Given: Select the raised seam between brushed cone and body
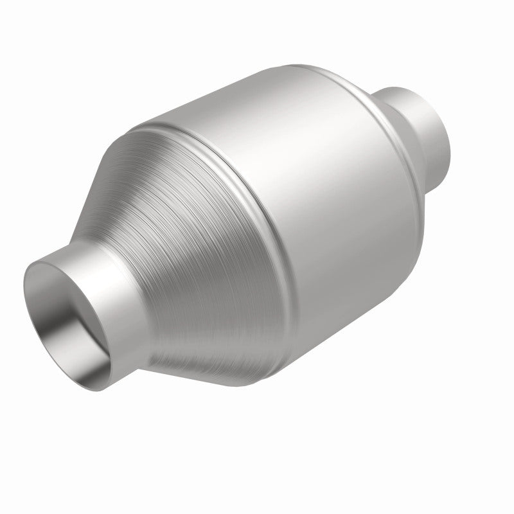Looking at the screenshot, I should [270, 212].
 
